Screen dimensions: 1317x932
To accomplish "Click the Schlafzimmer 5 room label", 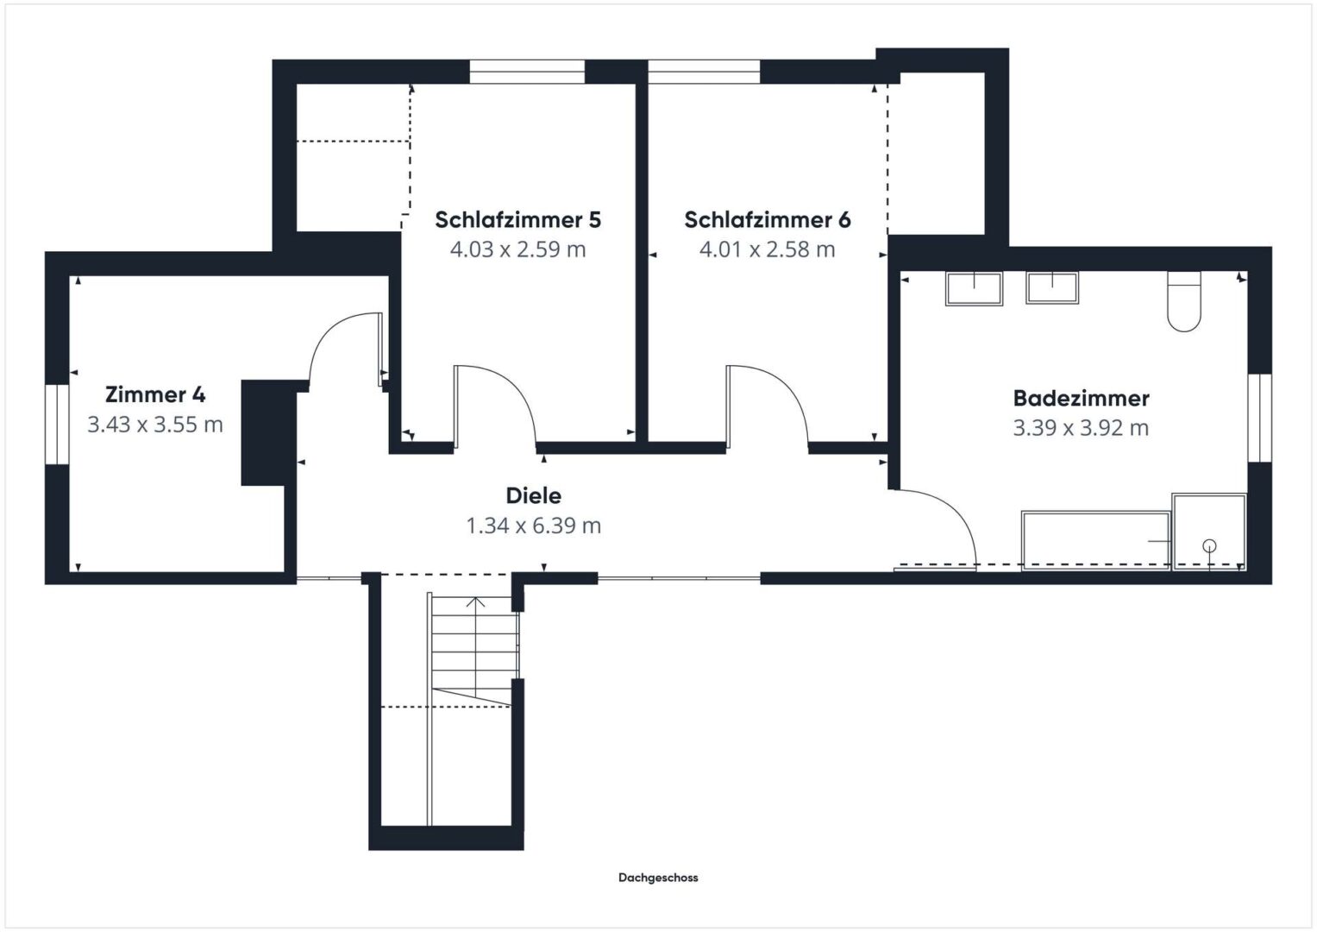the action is tap(518, 219).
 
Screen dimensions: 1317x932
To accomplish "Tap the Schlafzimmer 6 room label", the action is tap(768, 219).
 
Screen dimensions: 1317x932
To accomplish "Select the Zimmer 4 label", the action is tap(155, 394).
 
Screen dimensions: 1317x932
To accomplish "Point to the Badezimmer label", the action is tap(1081, 399).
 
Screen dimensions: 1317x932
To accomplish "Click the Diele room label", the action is tap(533, 495).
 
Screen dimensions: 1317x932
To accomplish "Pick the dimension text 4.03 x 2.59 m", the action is tap(518, 249).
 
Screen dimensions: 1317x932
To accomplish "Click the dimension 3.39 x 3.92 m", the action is tap(1081, 428).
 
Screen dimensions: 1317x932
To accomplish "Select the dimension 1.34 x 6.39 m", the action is tap(533, 526).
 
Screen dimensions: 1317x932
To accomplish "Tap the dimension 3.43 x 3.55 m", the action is tap(155, 425).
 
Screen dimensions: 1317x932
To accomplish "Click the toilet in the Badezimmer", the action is tap(1183, 301).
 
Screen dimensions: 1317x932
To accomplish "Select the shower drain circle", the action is tap(1209, 545).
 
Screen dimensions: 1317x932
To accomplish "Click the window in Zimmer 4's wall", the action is tap(57, 425).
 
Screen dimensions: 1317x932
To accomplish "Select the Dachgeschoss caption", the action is tap(658, 878).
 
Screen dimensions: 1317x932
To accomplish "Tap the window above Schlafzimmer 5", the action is tap(527, 72).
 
